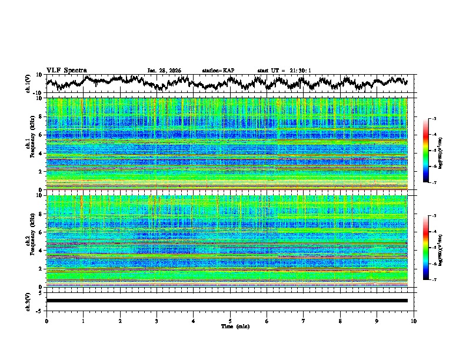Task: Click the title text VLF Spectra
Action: click(66, 70)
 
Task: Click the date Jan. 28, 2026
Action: click(164, 71)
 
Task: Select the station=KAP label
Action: click(218, 71)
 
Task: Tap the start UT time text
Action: click(284, 71)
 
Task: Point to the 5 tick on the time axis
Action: click(230, 321)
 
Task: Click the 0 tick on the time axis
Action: click(46, 321)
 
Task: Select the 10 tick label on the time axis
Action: click(414, 321)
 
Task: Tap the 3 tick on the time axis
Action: click(157, 321)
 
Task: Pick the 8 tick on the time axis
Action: click(340, 321)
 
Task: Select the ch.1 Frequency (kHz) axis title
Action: click(29, 143)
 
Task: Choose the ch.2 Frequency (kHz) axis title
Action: click(29, 241)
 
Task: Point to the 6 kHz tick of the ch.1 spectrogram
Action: click(42, 135)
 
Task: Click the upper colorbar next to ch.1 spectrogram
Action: click(432, 151)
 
